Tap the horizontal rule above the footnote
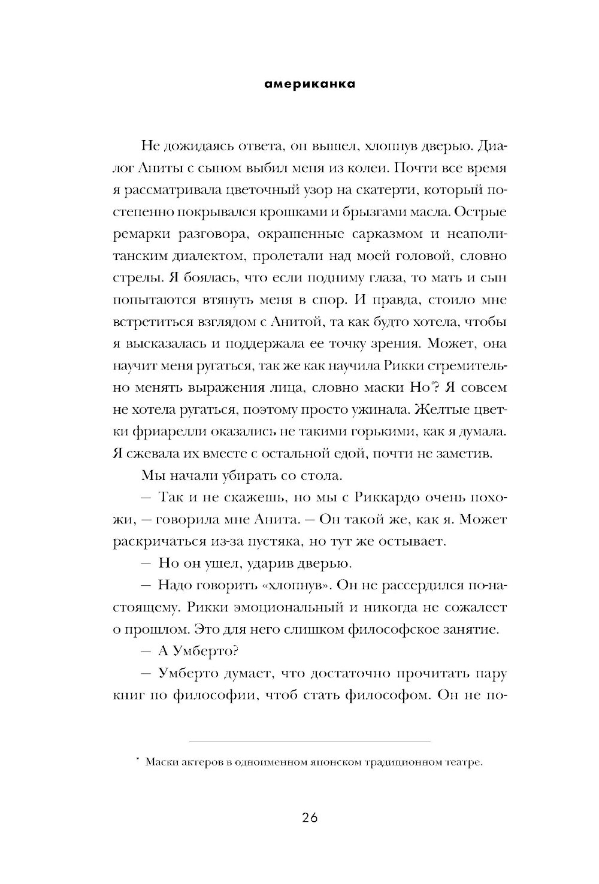[310, 741]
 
